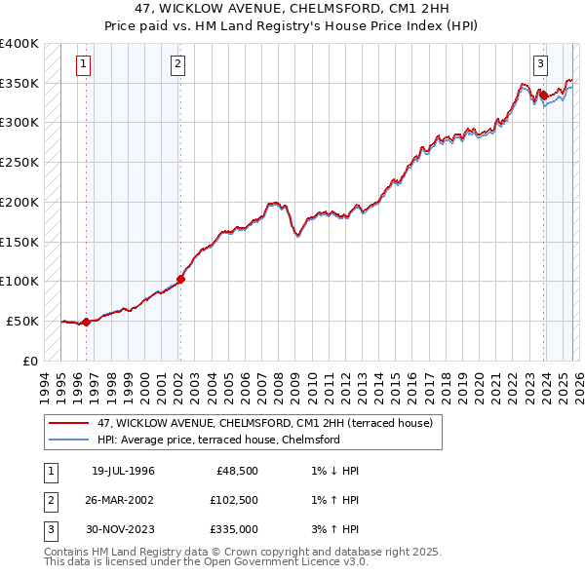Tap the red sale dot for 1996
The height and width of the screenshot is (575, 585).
click(86, 322)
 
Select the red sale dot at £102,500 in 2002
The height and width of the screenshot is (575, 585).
click(180, 279)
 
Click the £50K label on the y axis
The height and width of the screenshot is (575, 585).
click(22, 321)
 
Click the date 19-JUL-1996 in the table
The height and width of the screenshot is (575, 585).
click(123, 471)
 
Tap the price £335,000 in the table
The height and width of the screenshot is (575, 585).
click(232, 529)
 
